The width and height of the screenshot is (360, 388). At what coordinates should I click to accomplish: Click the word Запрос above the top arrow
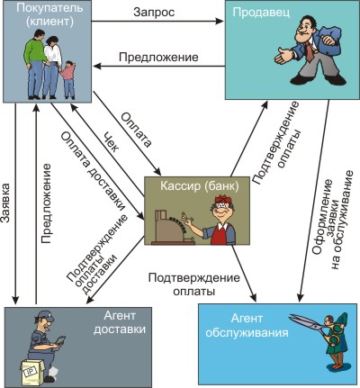point(154,13)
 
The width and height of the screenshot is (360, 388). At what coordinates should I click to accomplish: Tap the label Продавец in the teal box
point(261,13)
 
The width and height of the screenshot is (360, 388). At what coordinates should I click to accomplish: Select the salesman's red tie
point(310,51)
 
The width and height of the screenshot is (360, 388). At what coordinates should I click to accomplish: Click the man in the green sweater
point(35,63)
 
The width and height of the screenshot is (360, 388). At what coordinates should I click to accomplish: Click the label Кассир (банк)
point(200,186)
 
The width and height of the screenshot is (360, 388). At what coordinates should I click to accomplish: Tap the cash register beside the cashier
point(172,227)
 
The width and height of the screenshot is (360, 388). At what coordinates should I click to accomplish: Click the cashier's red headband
point(222,200)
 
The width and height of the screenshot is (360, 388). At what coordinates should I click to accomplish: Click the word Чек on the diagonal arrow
point(110,142)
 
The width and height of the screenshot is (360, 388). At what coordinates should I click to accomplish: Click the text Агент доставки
point(120,322)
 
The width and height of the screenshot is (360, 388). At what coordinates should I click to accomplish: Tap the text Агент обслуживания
point(247,326)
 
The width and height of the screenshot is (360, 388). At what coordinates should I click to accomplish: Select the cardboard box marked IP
point(32,372)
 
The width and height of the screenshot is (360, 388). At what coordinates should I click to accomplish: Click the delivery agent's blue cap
point(44,316)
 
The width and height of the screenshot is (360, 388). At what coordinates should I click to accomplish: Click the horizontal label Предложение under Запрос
point(158,57)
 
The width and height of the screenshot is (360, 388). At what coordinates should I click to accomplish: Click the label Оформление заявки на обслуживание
point(331,221)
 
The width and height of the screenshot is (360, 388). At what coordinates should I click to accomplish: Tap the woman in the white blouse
point(51,68)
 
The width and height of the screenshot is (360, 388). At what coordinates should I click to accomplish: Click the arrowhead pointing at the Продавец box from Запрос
point(220,21)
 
